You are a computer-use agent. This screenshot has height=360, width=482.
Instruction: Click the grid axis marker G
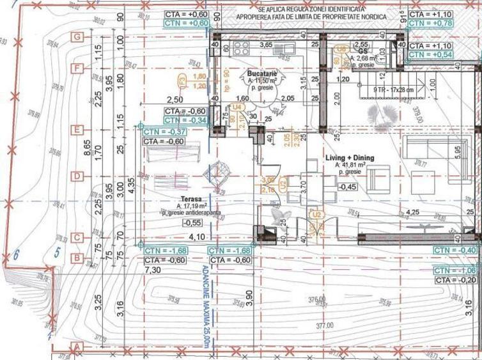click(77, 37)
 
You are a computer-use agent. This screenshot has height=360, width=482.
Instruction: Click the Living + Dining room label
click(350, 157)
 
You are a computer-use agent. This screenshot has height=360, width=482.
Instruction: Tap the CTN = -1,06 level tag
click(455, 270)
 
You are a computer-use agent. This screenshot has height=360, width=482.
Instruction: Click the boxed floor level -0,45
click(348, 187)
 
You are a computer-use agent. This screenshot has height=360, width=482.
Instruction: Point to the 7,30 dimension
click(153, 270)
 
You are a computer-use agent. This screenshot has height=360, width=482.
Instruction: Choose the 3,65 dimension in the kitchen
click(265, 45)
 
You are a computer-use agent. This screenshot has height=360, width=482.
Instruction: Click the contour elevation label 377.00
click(325, 325)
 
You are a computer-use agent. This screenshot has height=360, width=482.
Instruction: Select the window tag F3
click(182, 81)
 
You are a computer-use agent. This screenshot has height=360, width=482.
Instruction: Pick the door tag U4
click(237, 107)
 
